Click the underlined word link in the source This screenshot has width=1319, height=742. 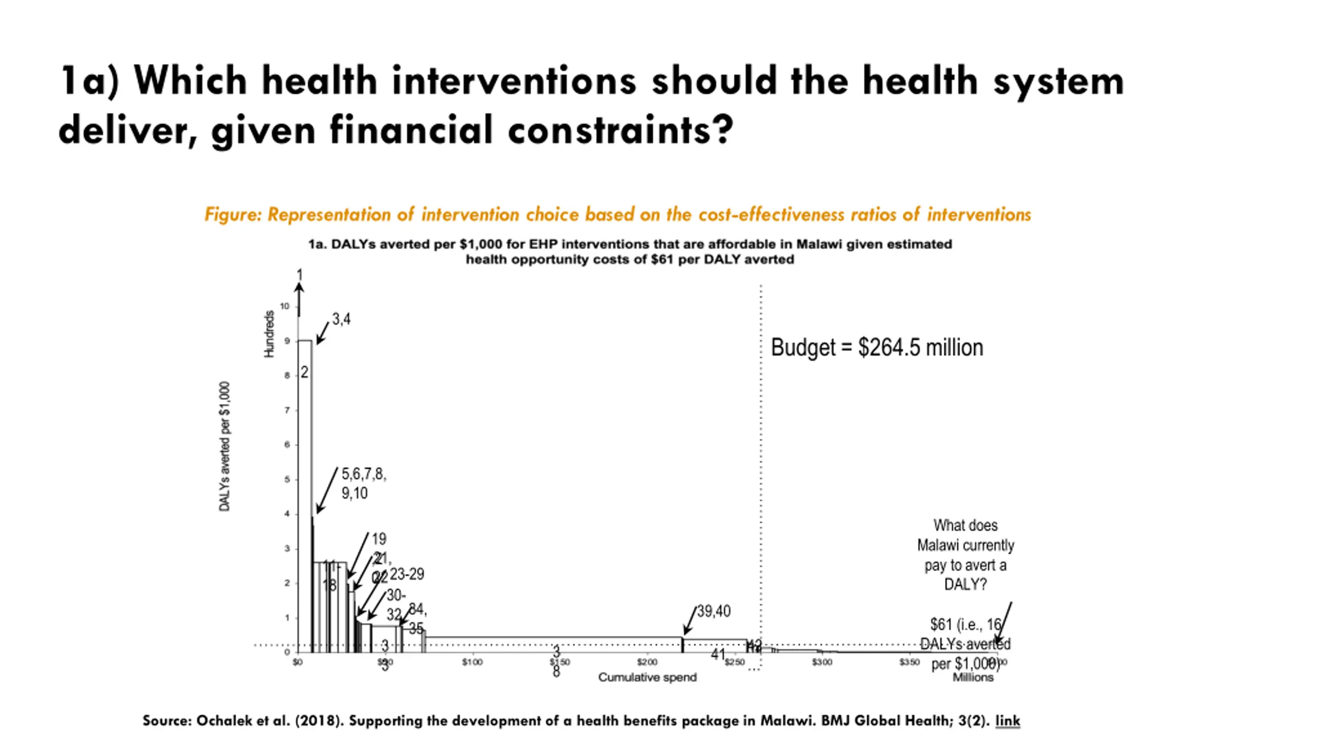1007,720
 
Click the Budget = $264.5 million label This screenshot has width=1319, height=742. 876,348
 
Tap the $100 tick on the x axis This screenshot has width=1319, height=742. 472,662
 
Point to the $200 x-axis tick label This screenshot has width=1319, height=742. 647,662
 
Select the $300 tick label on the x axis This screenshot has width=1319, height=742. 822,662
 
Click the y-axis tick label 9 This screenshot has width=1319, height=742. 288,341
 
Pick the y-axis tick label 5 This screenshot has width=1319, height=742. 288,479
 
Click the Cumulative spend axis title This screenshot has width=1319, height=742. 647,677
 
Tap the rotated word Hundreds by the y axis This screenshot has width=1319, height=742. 269,334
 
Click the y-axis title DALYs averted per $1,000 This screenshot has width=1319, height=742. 225,446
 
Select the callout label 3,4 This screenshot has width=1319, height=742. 341,319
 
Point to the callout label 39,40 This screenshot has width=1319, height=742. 714,612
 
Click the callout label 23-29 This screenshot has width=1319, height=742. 407,574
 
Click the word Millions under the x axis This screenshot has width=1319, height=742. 973,678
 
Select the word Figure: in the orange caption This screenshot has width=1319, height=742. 233,214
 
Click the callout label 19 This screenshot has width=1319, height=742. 379,539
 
